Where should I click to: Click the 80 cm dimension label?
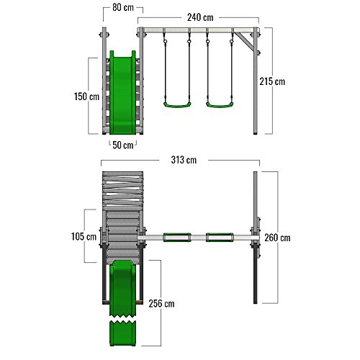point(123,8)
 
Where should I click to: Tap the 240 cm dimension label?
point(200,17)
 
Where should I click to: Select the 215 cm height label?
point(272,81)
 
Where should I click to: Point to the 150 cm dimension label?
point(86,96)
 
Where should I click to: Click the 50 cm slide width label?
point(123,145)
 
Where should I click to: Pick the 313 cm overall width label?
point(184,160)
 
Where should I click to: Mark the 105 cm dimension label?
point(84,237)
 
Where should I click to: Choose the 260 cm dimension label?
point(277,238)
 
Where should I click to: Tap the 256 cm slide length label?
point(161,304)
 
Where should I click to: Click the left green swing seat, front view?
point(177,105)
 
